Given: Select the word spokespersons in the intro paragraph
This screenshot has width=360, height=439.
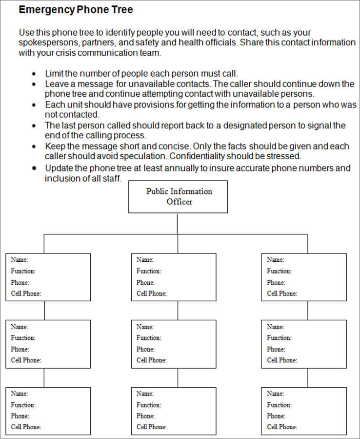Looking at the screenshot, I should pos(46,42).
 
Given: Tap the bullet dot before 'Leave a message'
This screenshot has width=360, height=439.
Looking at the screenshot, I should pos(33,84).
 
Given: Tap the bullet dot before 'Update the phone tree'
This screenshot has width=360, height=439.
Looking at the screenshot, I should pos(33,168).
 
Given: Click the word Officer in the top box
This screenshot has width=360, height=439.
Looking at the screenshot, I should pos(179,202).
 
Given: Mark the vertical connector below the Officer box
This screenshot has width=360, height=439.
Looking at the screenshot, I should pos(178,224).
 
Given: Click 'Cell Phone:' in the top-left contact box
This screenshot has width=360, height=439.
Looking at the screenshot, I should pos(26,293).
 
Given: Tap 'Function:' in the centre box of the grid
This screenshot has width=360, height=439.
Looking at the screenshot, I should pos(149,337).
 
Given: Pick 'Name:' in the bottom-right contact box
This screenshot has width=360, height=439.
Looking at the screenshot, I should pos(275,393).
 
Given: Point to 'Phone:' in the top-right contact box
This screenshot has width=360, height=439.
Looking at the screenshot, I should pos(276,282).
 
